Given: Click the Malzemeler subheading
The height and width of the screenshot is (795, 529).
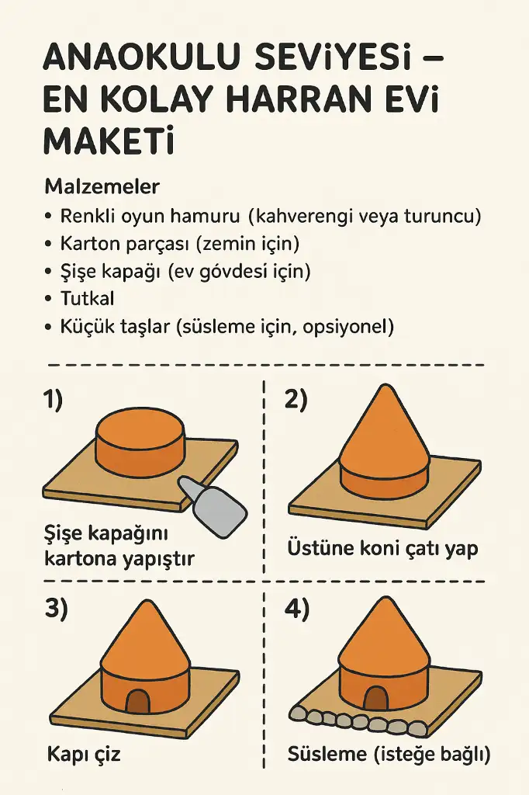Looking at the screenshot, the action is (102, 186).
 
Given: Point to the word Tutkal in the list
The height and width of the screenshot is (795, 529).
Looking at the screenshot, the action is (87, 298).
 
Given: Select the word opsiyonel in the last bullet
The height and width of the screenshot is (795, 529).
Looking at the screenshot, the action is (348, 327).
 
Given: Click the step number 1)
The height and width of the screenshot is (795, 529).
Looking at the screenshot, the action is (53, 400).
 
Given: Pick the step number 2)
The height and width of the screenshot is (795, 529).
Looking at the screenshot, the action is (296, 400).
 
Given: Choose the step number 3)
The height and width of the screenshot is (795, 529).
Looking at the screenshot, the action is (56, 609).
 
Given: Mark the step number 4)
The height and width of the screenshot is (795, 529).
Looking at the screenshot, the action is (297, 609).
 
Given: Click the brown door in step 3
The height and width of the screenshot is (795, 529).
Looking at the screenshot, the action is (138, 702).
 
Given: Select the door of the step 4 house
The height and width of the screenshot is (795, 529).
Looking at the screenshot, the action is (375, 698).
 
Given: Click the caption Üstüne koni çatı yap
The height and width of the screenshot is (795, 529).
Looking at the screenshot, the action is (382, 549).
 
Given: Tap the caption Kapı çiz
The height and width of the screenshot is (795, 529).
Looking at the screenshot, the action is (84, 755).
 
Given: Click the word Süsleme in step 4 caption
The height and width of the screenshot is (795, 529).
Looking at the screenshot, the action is (327, 755).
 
